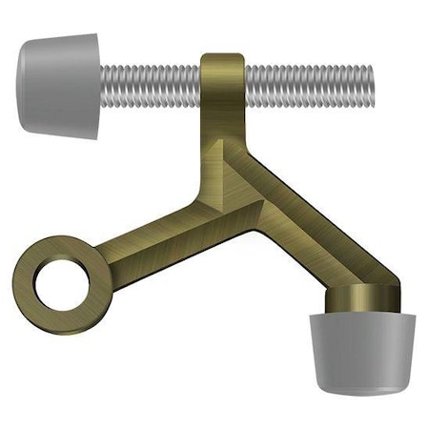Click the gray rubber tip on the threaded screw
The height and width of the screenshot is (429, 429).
[57, 84]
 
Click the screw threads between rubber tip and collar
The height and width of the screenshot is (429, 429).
[153, 85]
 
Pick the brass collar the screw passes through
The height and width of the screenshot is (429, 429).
[223, 86]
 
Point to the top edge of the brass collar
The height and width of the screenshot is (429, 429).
[223, 57]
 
